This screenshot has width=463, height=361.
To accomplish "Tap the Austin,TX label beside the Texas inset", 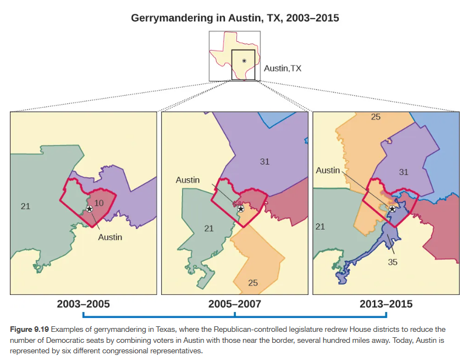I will (283, 68).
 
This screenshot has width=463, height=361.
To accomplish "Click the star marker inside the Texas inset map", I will (244, 61).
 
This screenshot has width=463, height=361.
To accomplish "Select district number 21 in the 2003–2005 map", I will (25, 206).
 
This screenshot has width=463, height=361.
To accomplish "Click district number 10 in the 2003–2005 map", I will (99, 203).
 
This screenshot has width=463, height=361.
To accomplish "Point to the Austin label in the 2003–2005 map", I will (110, 237).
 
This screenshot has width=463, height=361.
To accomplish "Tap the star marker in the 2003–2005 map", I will (89, 209).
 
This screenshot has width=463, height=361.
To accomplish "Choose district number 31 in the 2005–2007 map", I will (264, 161).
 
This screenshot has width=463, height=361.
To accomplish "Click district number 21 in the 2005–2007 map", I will (209, 228).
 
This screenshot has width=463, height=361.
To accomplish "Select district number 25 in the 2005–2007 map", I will (252, 283).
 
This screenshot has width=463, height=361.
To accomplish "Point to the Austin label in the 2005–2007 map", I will (188, 180).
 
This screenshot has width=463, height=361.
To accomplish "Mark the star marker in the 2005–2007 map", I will (240, 209).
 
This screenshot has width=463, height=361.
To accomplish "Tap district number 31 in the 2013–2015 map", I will (404, 172).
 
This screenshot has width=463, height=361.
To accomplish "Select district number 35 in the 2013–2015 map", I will (393, 262).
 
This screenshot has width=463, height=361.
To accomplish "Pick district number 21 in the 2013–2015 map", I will (321, 226).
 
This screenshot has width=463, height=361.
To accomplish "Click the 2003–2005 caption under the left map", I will (83, 304).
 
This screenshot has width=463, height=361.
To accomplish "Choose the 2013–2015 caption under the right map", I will (386, 304).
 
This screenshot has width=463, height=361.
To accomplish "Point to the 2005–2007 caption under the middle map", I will (234, 304).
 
